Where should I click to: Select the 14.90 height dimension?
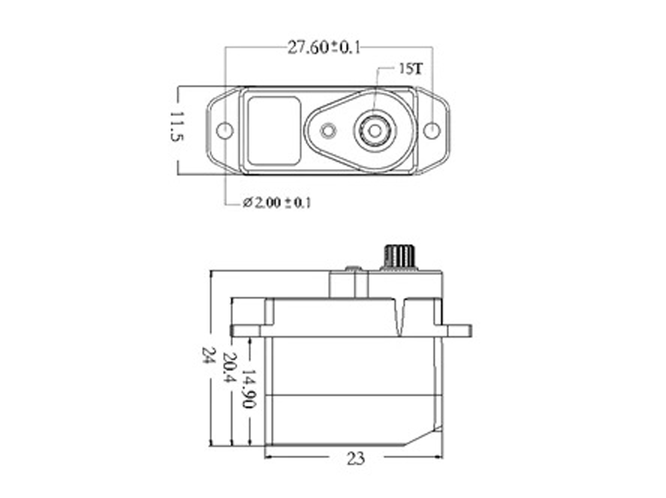click(x=249, y=388)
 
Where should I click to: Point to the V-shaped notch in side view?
click(x=400, y=319)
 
